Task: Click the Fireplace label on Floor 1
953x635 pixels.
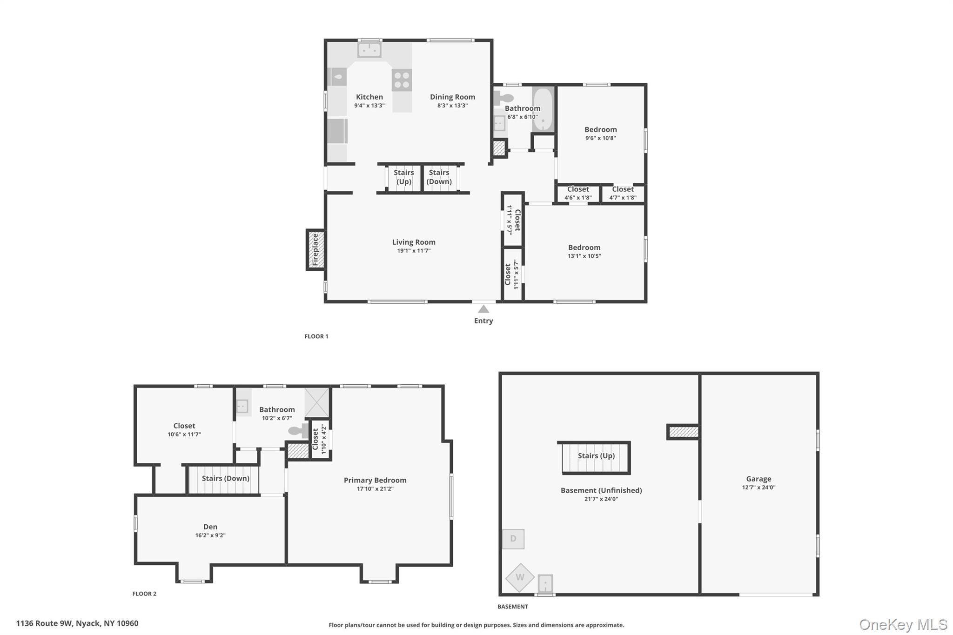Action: tap(315, 250)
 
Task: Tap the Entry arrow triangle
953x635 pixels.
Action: tap(483, 309)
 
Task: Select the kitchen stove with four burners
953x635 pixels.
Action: tap(402, 80)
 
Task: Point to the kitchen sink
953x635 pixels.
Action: tap(369, 50)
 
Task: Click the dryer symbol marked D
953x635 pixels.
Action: tap(513, 539)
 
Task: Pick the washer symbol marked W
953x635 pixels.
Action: tap(520, 577)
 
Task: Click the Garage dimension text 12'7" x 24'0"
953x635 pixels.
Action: tap(758, 488)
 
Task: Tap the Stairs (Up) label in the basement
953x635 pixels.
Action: tap(596, 456)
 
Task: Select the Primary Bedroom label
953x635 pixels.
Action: tap(375, 480)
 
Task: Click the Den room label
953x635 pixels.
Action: tap(210, 527)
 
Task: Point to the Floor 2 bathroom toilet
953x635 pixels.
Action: tap(298, 431)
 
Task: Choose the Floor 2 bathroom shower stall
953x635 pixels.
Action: tap(317, 402)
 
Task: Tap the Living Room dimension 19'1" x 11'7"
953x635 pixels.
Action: tap(414, 251)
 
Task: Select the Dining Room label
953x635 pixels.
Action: tap(452, 97)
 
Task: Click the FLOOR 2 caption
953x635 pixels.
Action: tap(144, 594)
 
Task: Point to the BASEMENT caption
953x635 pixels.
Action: tap(512, 607)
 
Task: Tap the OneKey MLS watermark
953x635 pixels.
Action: tap(903, 624)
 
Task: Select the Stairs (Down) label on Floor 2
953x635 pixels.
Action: tap(225, 478)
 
